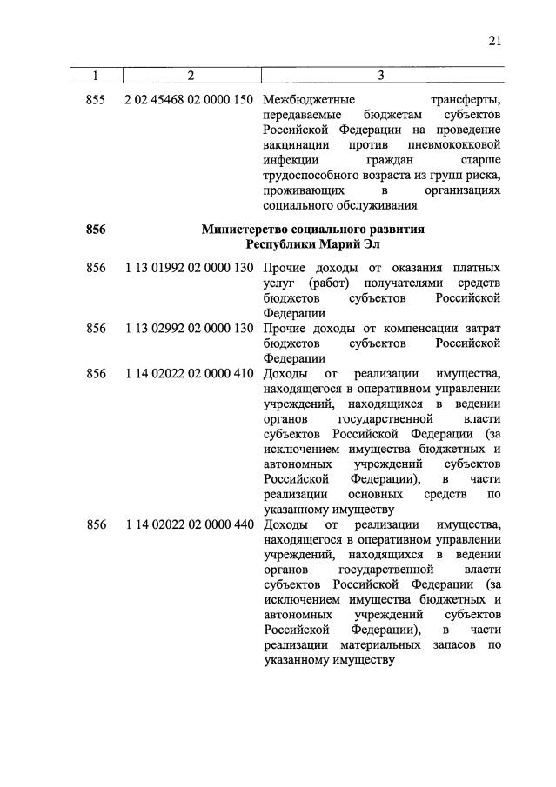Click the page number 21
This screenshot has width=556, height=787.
(494, 40)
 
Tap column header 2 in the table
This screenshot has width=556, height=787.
(190, 77)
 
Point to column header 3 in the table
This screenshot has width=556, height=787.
(381, 77)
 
